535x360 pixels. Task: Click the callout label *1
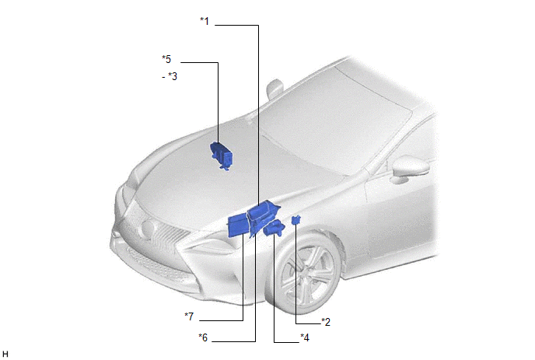tap(205, 21)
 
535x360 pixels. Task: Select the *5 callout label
tap(166, 59)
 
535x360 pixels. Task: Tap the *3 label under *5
tap(173, 76)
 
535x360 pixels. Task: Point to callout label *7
tap(189, 316)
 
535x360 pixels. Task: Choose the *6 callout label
tap(203, 337)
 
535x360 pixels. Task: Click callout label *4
tap(305, 337)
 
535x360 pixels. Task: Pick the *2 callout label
tap(326, 322)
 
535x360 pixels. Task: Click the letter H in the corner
tap(5, 355)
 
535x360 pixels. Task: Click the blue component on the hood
tap(221, 156)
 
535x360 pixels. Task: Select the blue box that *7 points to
tap(237, 225)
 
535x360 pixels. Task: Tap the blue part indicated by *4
tap(274, 228)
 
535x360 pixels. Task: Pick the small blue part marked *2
tap(295, 219)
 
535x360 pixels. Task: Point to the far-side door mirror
tap(274, 87)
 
